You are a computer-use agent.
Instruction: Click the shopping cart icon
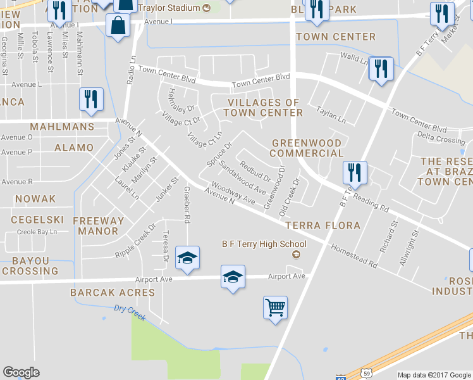(x=275, y=308)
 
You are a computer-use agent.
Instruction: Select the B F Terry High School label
(x=264, y=244)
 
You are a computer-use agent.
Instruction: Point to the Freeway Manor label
(x=99, y=226)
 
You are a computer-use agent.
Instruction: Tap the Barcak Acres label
(x=113, y=293)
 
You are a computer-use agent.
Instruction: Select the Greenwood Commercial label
(x=307, y=148)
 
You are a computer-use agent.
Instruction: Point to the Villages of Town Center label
(x=265, y=108)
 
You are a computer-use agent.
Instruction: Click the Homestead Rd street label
(x=353, y=256)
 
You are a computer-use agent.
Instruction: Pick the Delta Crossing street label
(x=441, y=139)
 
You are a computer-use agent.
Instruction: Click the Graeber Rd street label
(x=187, y=205)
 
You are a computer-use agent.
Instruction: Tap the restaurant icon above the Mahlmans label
(x=91, y=99)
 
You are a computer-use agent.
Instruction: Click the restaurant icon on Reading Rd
(x=354, y=173)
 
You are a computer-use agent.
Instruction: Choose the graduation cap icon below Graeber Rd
(x=187, y=258)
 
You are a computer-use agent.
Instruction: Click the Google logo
(x=21, y=372)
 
